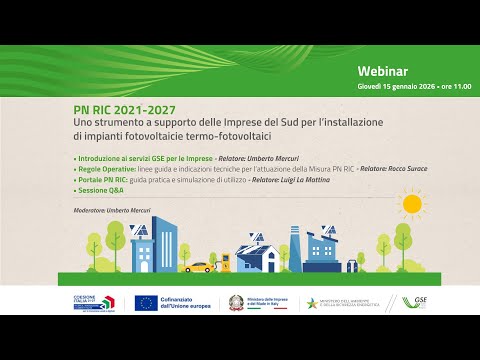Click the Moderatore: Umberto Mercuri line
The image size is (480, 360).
click(x=114, y=209)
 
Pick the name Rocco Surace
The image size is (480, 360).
click(x=406, y=168)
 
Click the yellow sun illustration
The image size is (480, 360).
click(x=410, y=204)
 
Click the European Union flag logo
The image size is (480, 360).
click(x=146, y=303)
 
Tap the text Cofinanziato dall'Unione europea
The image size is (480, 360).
click(x=186, y=303)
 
